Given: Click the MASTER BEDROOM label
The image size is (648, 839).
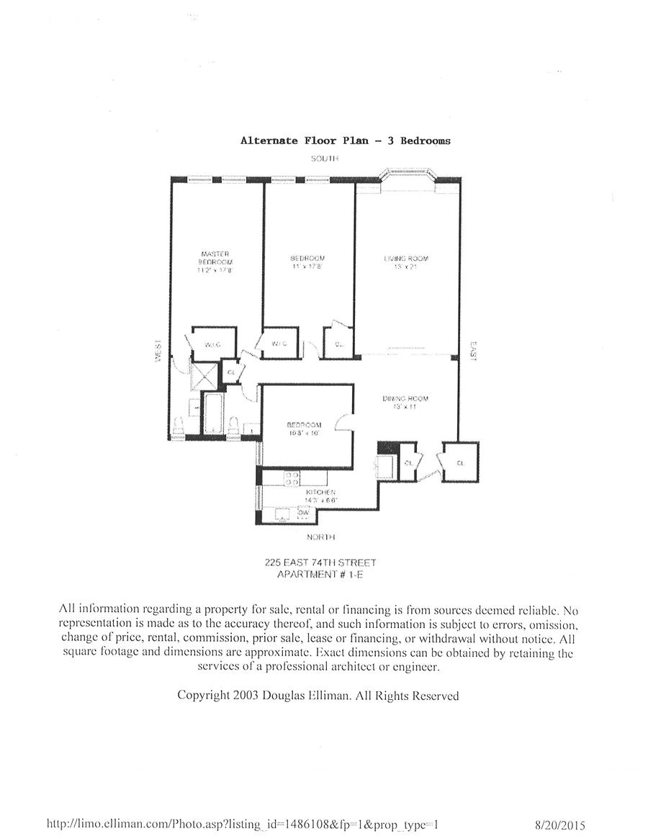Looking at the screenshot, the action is click(215, 257).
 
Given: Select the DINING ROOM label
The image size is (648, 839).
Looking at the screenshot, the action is click(406, 398).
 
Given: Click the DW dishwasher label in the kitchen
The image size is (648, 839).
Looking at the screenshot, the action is click(304, 512).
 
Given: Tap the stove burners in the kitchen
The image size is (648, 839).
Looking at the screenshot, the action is click(292, 477).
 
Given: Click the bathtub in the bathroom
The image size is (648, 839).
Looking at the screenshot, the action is click(214, 414).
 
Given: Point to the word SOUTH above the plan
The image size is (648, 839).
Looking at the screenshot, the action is click(324, 158).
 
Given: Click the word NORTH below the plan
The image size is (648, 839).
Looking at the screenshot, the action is click(322, 537).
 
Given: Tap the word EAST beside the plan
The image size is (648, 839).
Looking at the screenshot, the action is click(473, 351).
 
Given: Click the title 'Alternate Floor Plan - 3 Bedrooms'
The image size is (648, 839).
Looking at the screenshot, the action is click(345, 140).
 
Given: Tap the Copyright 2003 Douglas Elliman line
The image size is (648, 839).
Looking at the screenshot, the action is click(318, 696).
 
